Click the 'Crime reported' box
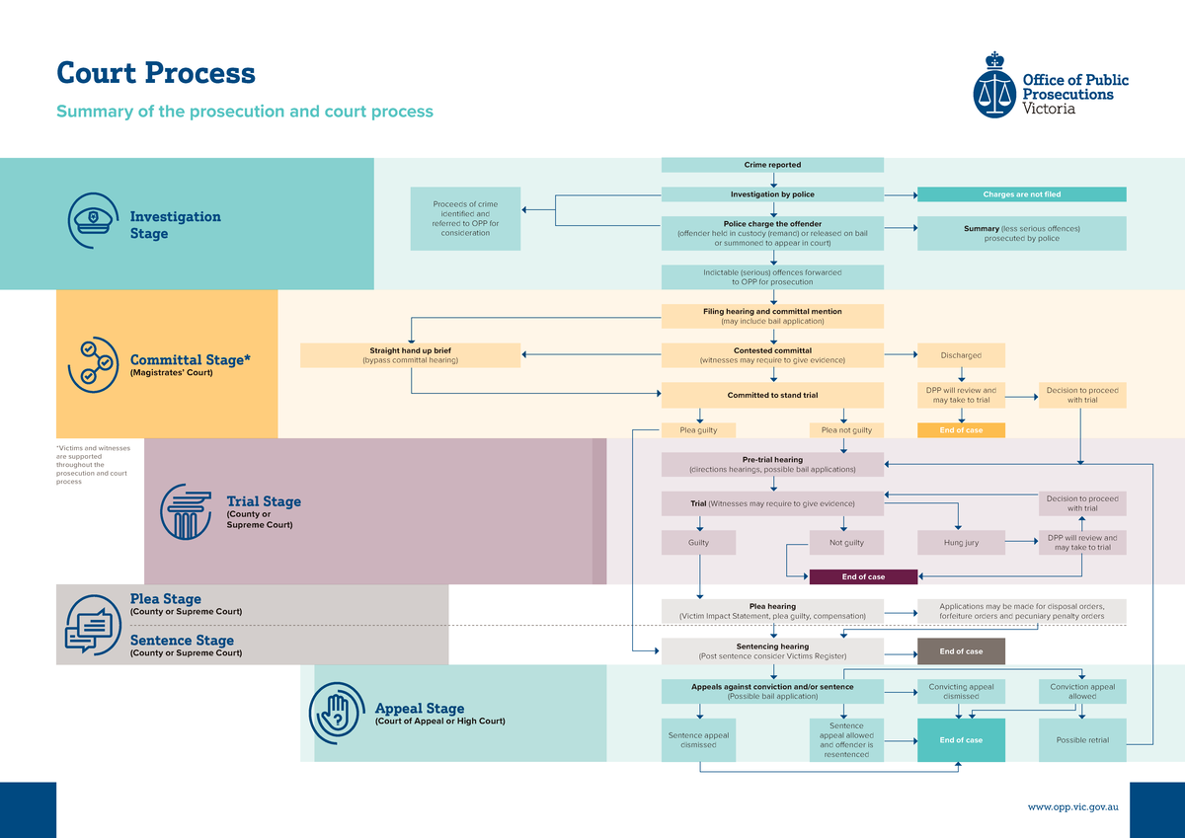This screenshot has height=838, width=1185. coord(772,165)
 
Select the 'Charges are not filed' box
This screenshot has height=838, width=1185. coord(1021,194)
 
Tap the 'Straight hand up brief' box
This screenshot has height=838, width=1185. coord(410,355)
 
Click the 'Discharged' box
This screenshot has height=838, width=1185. coord(961,355)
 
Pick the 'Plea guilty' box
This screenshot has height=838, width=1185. coord(698,430)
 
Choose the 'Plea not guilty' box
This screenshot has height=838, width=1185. coord(846,430)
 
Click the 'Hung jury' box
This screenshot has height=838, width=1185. coord(961,543)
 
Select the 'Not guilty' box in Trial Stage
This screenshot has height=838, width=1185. coord(846,543)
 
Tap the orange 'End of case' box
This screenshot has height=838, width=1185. coord(961,430)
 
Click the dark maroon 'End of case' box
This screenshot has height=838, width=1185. coord(863,576)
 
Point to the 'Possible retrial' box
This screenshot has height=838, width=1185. coord(1082,740)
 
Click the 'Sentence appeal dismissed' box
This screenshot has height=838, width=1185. coord(698,740)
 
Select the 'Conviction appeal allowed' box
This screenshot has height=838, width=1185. coord(1082,691)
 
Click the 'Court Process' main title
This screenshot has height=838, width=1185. coord(156,73)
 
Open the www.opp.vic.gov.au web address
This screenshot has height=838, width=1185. coord(1072,806)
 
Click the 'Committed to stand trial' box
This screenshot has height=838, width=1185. coord(772,395)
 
